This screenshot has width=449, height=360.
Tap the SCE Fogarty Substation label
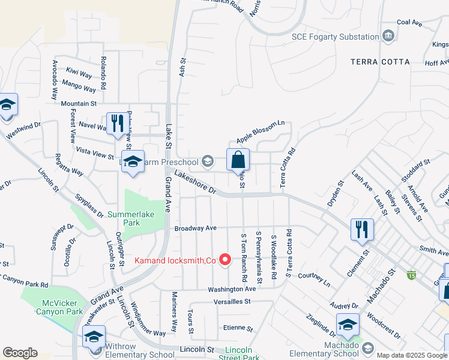335,37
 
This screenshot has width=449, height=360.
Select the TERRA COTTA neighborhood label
381,62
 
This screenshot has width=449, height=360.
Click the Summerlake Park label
131,218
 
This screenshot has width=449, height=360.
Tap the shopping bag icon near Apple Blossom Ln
238,160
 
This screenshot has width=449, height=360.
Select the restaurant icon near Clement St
362,229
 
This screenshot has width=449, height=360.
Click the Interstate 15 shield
411,275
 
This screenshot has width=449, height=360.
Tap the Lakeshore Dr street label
195,182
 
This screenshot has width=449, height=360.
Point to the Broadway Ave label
195,229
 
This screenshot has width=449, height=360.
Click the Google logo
20,353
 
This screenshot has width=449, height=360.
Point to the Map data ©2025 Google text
411,355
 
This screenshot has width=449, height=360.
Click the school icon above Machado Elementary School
348,324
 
